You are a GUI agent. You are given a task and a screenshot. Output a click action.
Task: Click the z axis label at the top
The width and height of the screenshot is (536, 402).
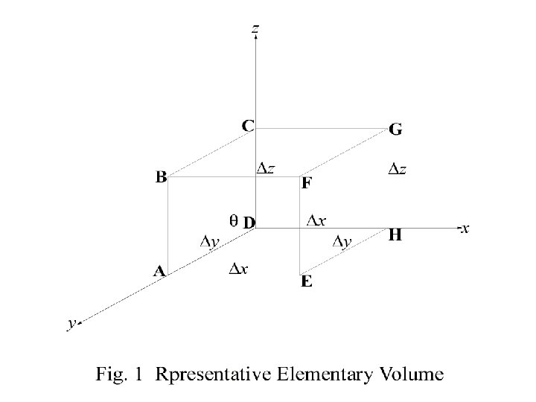[x=255, y=30]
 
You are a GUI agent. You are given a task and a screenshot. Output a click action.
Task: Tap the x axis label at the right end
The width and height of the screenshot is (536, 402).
[x=465, y=229]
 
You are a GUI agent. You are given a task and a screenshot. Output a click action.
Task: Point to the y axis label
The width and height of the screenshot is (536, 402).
[x=71, y=323]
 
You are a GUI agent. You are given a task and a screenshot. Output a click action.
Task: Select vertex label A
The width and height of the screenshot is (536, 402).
[x=159, y=272]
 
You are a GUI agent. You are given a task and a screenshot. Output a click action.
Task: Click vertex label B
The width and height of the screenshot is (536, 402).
[x=161, y=177]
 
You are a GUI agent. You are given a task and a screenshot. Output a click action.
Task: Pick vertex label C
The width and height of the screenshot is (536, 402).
[x=247, y=126]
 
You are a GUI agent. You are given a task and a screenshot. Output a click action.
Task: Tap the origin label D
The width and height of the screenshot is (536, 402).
[x=249, y=222]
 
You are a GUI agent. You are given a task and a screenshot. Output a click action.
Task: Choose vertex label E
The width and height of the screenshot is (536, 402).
[x=306, y=282]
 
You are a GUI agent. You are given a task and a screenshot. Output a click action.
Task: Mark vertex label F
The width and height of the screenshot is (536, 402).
[x=306, y=184]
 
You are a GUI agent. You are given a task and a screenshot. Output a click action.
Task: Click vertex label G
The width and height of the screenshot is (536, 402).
[x=396, y=130]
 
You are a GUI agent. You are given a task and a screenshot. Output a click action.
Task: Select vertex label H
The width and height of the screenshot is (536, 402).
[x=395, y=236]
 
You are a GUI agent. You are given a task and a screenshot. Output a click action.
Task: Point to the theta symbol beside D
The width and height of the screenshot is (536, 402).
[x=233, y=220]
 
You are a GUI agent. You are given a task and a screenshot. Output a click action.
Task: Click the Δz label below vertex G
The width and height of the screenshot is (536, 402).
[x=398, y=170]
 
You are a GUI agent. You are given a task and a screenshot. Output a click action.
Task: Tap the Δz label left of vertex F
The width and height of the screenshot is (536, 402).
[x=266, y=168]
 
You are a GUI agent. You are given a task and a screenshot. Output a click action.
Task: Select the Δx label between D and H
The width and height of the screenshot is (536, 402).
[x=316, y=220]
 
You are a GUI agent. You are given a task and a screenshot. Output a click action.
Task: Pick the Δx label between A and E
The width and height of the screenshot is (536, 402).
[x=238, y=269]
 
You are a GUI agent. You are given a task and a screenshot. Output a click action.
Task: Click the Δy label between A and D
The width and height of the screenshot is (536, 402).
[x=209, y=241]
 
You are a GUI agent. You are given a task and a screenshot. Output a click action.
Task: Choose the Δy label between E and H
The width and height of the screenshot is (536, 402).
[x=342, y=241]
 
